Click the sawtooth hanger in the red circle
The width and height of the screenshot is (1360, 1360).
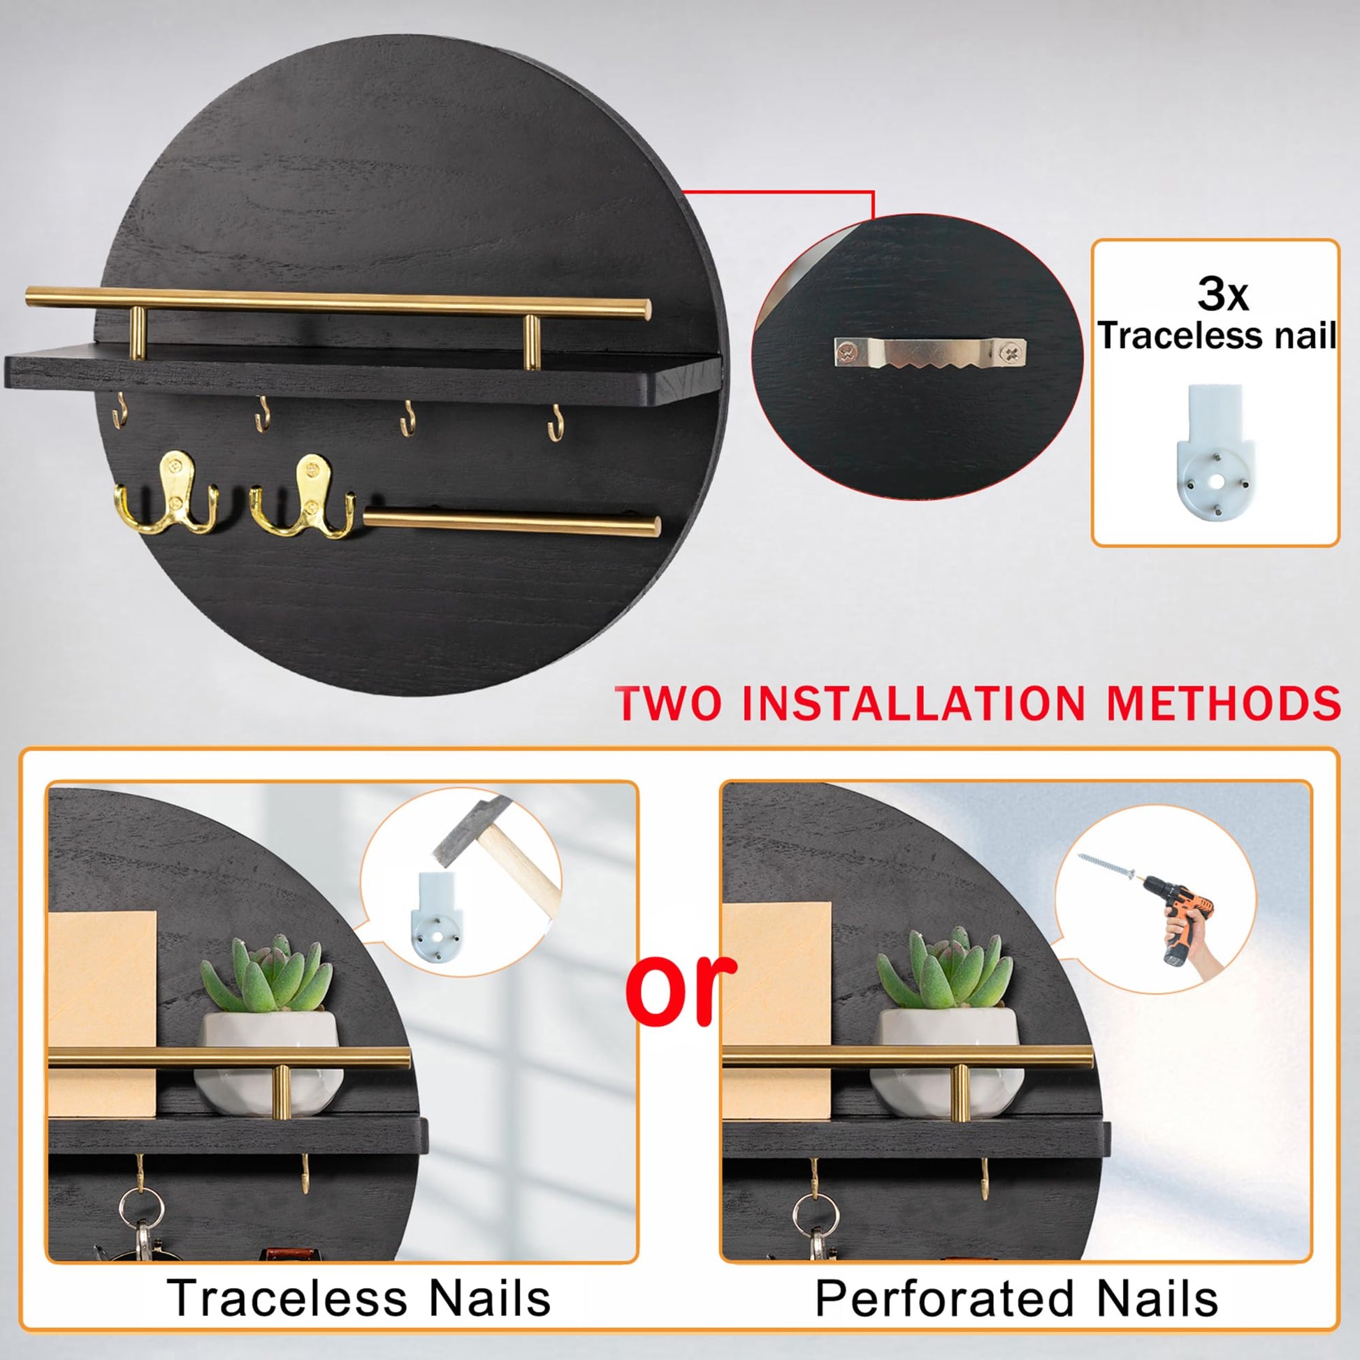point(930,355)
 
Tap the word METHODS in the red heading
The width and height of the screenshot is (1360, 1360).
point(1224,702)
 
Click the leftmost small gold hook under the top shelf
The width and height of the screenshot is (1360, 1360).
point(120,410)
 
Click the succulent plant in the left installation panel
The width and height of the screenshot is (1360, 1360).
point(266,973)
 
